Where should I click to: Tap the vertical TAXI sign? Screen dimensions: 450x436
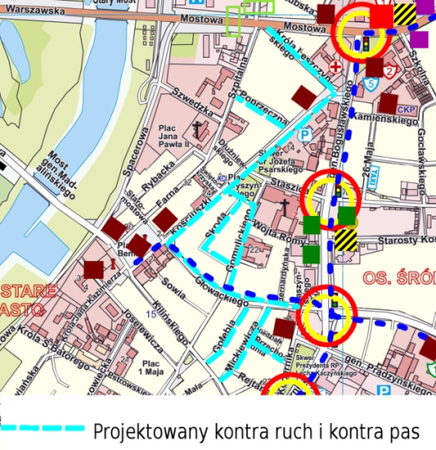(394, 175)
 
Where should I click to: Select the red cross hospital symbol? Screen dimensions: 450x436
(336, 67)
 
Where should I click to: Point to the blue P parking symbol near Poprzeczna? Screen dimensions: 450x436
(305, 136)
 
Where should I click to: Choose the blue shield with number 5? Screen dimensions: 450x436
(372, 83)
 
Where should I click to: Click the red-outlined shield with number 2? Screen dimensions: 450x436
(390, 71)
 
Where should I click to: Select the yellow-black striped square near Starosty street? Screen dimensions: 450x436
(345, 240)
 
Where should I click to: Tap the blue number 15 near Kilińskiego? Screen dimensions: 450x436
(151, 313)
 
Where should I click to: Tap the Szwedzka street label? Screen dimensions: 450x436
(187, 99)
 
